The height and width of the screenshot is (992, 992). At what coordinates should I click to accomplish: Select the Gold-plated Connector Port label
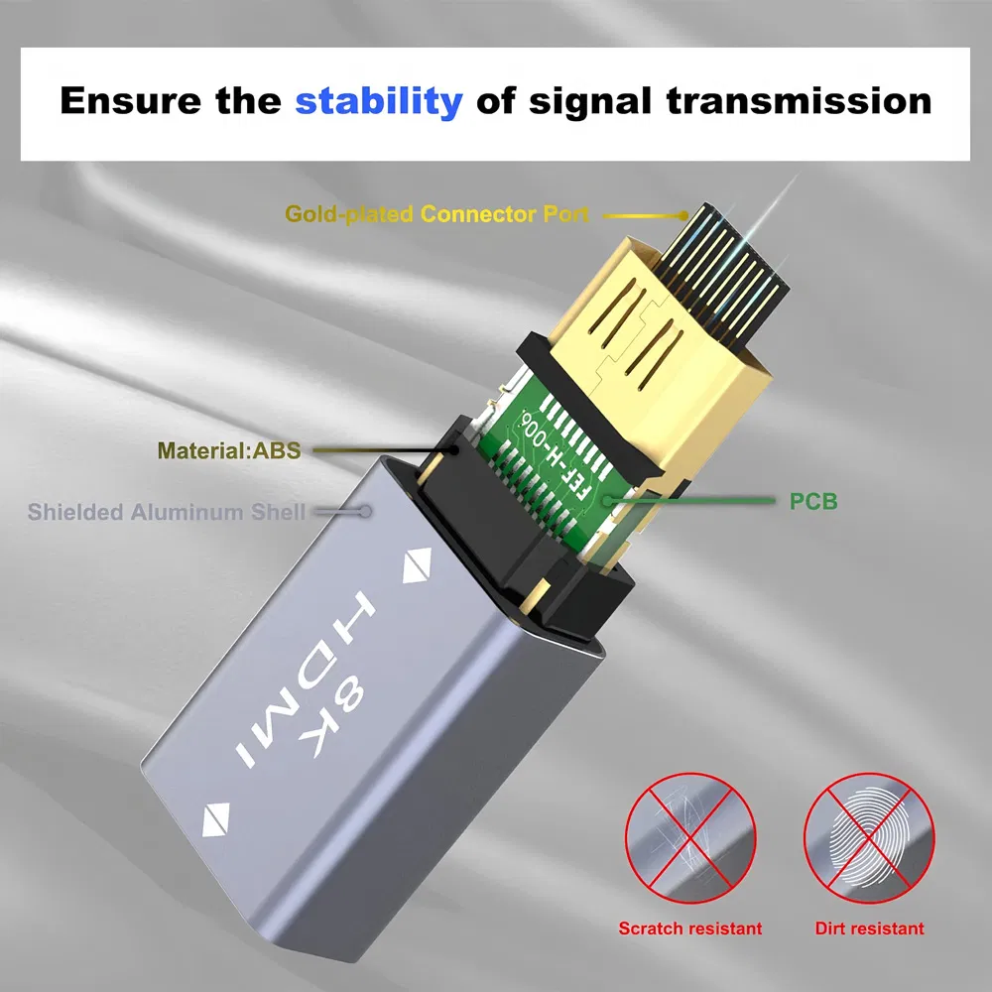coord(436,213)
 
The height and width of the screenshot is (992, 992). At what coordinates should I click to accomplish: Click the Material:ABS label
coord(228,450)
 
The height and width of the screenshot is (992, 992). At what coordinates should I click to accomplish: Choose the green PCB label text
coord(813,502)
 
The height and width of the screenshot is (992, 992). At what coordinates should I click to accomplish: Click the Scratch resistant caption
coord(690,929)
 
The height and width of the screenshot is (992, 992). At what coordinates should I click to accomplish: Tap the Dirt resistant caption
coord(869,929)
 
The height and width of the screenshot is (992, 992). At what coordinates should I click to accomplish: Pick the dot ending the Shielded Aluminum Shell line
coord(366,512)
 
